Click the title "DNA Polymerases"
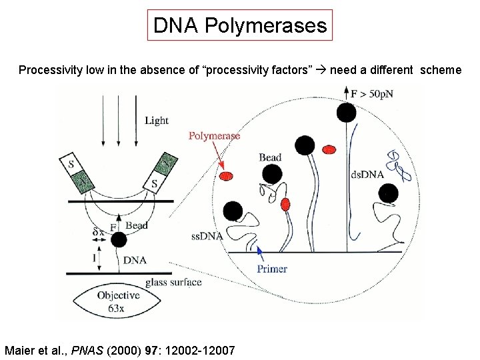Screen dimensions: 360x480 [240, 26]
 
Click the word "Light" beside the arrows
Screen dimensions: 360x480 [157, 121]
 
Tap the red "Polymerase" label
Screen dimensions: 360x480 [214, 136]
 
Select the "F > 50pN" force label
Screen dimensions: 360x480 [372, 94]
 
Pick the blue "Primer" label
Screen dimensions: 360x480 [272, 269]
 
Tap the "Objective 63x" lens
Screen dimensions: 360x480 [118, 302]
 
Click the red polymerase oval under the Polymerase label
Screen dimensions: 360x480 [227, 175]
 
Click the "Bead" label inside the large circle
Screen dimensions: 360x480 [270, 157]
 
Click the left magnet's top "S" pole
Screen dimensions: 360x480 [71, 162]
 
